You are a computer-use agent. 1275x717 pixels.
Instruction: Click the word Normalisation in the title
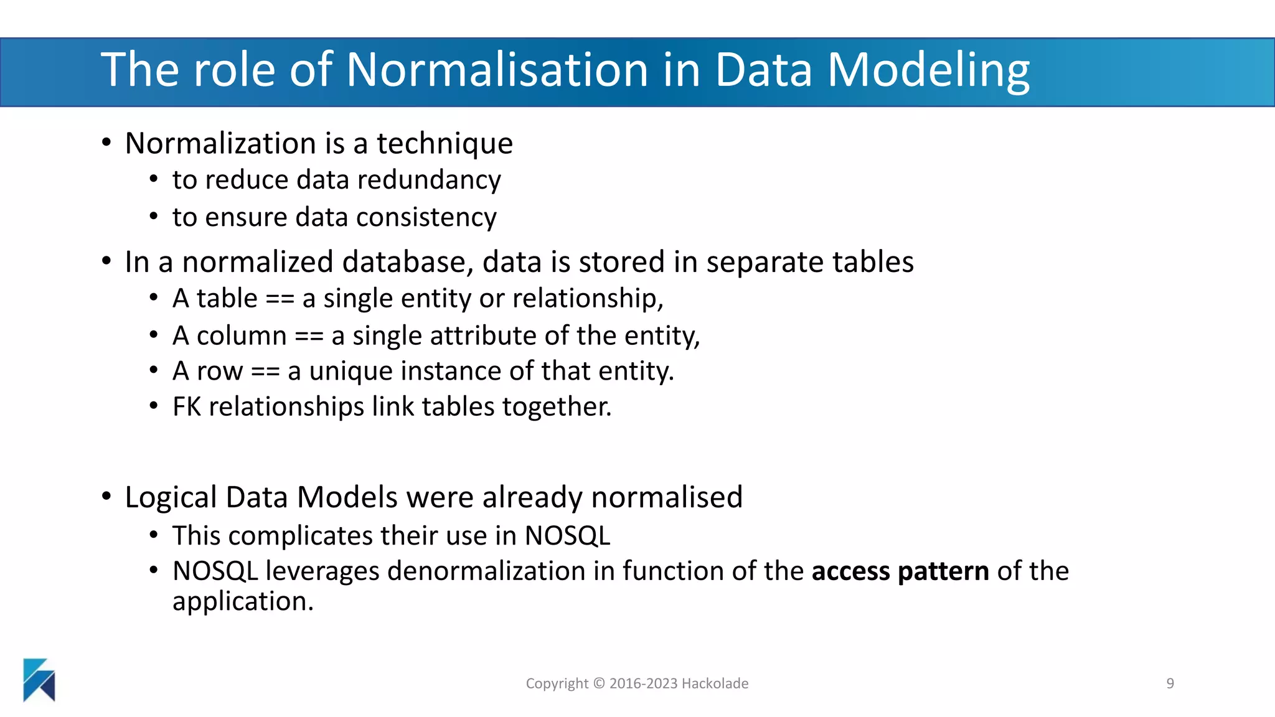tap(497, 70)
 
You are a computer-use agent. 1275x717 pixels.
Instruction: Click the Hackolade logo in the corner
tap(39, 680)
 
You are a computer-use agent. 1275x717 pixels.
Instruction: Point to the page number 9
tap(1170, 683)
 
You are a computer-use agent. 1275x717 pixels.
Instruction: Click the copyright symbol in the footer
tap(599, 683)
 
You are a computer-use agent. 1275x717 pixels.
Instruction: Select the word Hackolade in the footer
tap(715, 683)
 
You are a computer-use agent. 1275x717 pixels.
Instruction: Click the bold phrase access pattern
tap(900, 571)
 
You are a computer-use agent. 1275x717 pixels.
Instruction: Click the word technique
tap(445, 144)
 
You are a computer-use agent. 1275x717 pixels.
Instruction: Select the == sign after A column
tap(309, 337)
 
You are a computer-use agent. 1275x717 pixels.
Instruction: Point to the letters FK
tap(186, 407)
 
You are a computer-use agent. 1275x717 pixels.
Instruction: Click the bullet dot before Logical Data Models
tap(106, 497)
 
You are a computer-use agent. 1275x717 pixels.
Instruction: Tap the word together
tap(557, 407)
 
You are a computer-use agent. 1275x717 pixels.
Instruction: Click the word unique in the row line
tap(351, 372)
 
